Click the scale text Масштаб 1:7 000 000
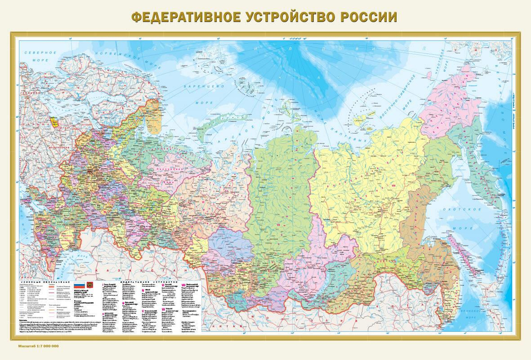pos(38,346)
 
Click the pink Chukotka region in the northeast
pos(451,101)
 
